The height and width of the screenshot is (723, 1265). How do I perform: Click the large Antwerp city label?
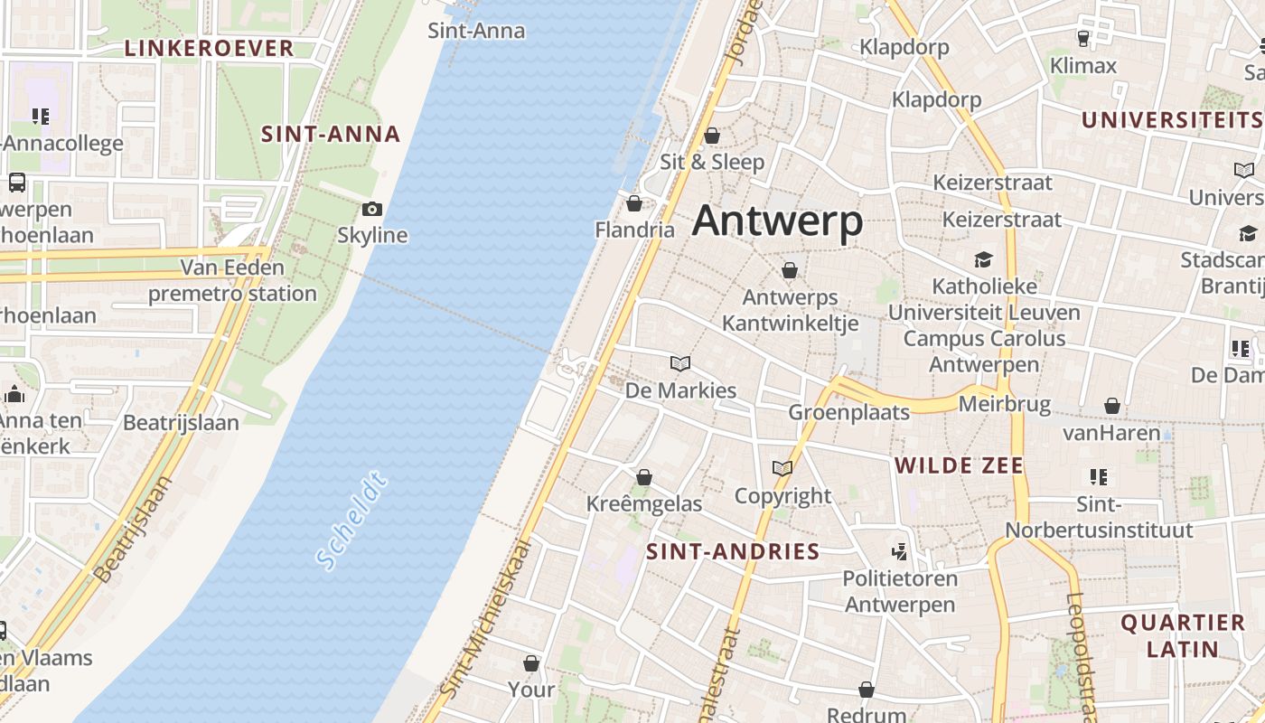tap(777, 221)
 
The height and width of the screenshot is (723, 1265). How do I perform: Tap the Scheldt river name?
tap(352, 521)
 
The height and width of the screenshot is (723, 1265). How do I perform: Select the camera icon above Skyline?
tap(371, 210)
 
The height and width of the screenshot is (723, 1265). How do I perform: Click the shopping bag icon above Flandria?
tap(634, 203)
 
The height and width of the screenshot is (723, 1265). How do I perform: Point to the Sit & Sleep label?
tap(712, 162)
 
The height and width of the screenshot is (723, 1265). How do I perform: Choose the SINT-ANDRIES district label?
tap(733, 551)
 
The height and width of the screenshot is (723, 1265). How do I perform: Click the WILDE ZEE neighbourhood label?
tap(959, 465)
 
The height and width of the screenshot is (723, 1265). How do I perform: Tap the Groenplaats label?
tap(848, 412)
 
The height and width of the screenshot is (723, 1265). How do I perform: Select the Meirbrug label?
tap(1004, 403)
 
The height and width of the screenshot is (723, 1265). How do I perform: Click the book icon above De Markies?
tap(680, 363)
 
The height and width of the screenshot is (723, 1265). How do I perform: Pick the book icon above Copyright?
tap(782, 468)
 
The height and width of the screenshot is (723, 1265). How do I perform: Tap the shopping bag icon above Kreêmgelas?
tap(644, 476)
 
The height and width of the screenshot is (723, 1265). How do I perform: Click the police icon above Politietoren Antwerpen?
tap(899, 551)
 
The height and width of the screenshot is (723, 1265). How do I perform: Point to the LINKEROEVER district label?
tap(209, 49)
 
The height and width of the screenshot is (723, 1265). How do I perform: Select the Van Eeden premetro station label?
tap(232, 280)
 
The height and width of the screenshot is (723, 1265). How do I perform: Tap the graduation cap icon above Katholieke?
tap(983, 260)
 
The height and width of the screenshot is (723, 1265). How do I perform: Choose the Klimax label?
tap(1083, 65)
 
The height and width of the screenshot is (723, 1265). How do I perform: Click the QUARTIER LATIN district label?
tap(1183, 635)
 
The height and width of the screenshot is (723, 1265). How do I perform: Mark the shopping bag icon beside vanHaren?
tap(1112, 407)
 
